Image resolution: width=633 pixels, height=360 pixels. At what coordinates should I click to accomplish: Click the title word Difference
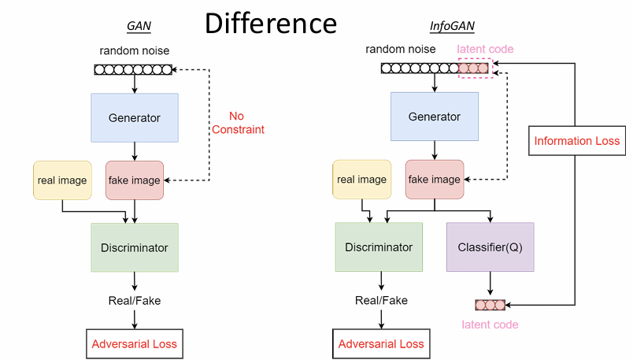(x=271, y=23)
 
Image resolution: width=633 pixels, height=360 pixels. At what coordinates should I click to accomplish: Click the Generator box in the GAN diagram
(x=135, y=118)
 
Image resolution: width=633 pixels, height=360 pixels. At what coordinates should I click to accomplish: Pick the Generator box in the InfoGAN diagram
(x=434, y=117)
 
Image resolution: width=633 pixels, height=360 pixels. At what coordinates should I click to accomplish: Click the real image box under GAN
(x=62, y=180)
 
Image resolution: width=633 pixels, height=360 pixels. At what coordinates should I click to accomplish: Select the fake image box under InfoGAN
(x=434, y=180)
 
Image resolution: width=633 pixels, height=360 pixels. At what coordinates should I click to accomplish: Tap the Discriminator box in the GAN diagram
(x=135, y=248)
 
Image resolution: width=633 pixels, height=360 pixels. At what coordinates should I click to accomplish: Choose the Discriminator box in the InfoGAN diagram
(x=379, y=247)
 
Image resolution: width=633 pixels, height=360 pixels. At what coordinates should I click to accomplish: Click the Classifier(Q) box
(x=490, y=247)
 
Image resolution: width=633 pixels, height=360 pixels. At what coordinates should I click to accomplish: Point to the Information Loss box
(x=577, y=141)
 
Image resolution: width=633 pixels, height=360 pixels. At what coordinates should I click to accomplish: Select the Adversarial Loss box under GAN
(x=135, y=344)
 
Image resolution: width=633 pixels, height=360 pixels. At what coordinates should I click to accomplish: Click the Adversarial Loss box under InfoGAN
(x=381, y=344)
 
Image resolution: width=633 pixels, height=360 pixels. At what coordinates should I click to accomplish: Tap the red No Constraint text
(x=236, y=123)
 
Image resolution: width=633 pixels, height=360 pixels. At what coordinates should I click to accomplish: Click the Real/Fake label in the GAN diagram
(x=135, y=300)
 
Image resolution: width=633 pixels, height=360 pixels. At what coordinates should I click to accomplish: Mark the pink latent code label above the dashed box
(x=485, y=50)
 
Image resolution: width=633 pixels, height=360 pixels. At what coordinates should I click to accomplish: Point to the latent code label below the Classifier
(x=490, y=325)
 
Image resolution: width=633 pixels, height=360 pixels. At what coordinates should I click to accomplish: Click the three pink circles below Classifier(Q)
(x=490, y=305)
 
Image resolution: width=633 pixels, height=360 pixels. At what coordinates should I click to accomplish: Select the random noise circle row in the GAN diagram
(x=133, y=69)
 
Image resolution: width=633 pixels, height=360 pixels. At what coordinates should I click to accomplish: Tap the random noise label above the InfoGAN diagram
(x=400, y=50)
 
